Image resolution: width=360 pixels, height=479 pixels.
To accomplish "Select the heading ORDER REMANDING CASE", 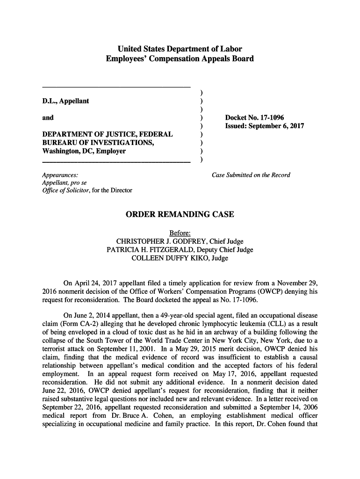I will coord(180,215).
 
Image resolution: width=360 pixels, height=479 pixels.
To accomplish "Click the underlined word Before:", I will coord(180,233).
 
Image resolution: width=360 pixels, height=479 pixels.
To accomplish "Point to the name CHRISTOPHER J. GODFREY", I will coord(155,241).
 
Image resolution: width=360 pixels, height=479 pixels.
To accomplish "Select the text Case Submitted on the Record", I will coord(251,175).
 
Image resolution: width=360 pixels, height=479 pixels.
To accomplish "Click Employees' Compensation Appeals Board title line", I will coord(180,59).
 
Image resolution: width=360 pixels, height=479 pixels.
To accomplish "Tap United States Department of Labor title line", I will coord(180,49).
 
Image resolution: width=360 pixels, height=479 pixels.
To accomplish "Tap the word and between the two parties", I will coord(48,117).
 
